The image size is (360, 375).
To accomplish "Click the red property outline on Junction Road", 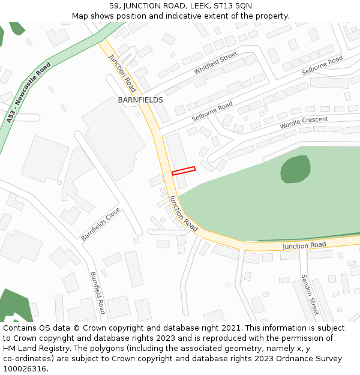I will point(184,171).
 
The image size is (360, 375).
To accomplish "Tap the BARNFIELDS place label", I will point(140,100).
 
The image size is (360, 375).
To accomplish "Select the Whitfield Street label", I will point(215,63).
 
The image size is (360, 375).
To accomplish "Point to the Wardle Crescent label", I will point(304,123).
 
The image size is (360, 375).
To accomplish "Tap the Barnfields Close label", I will point(101,224).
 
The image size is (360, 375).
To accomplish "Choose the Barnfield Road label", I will point(98,293).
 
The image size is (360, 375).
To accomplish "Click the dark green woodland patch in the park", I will point(295,169).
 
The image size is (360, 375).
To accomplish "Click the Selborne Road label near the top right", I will point(322,65).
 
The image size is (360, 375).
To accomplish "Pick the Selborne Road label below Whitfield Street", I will point(212,112).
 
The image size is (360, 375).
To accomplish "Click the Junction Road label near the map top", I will point(122,73).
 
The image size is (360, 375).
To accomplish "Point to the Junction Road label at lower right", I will point(304,245).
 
